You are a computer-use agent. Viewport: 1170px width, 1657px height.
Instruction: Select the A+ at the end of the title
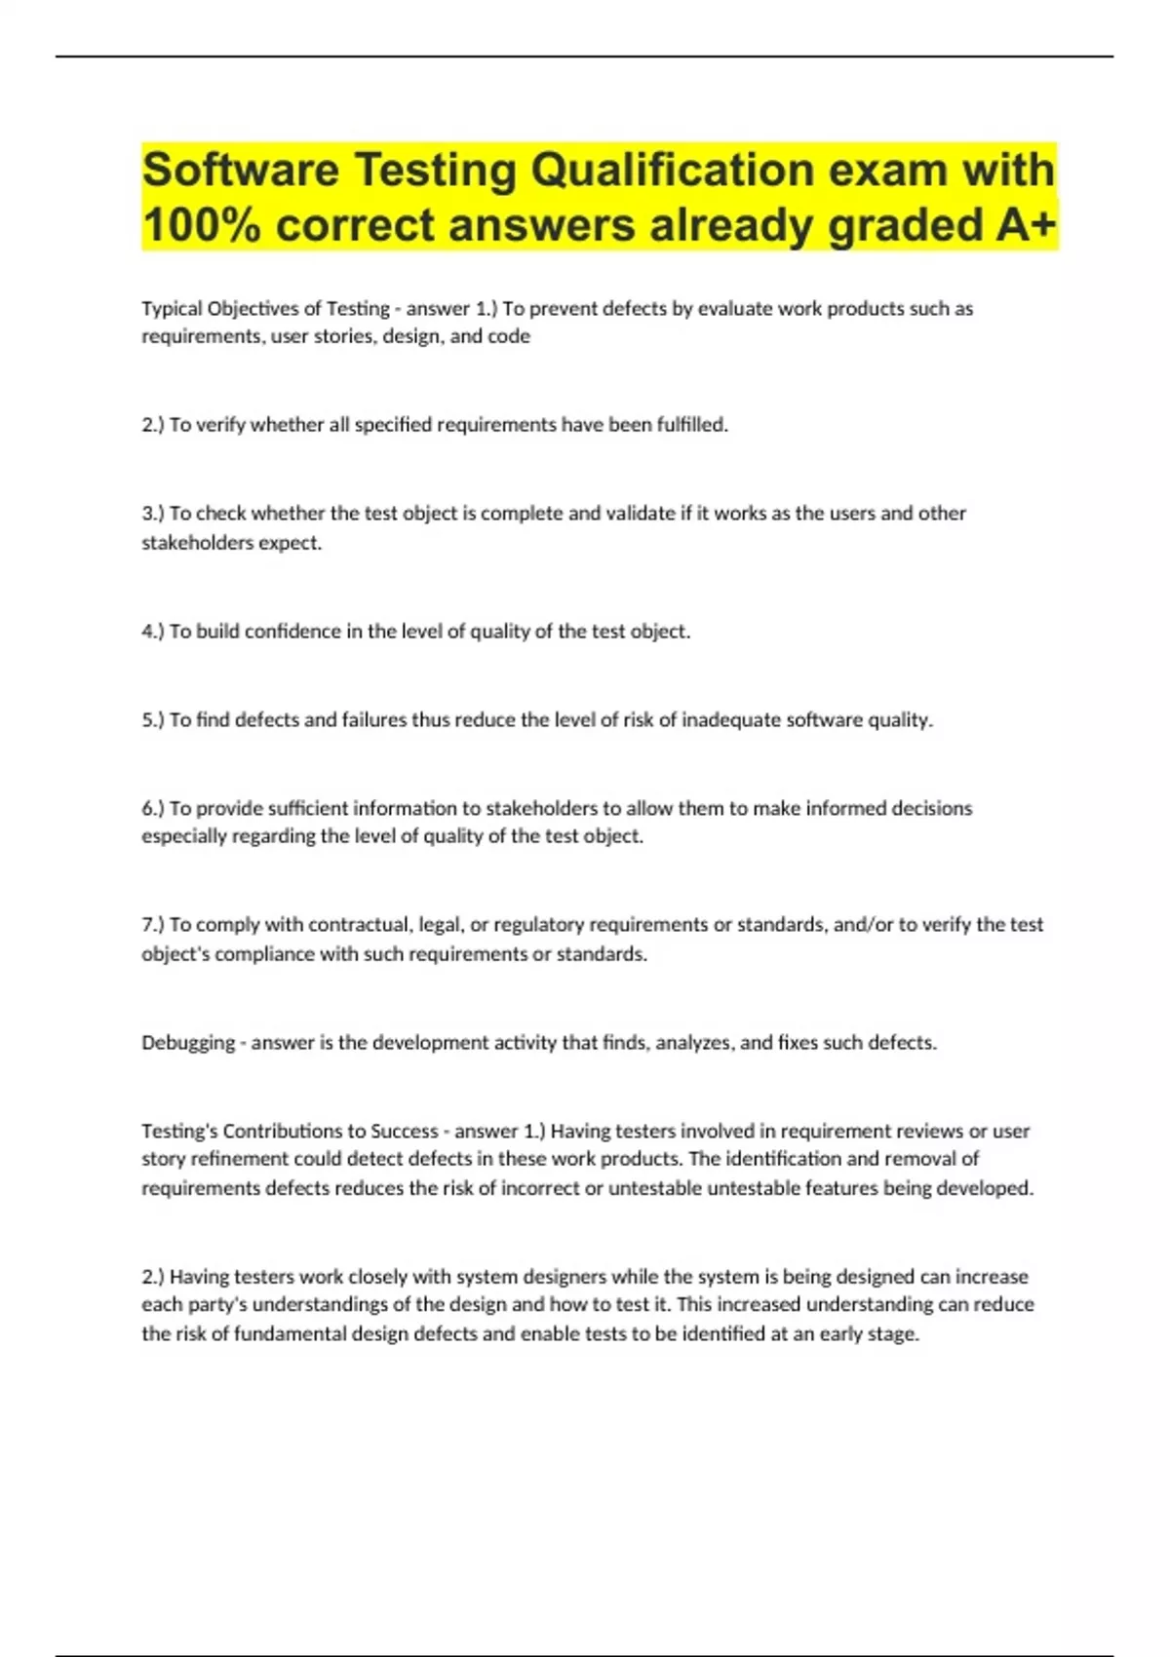1027,225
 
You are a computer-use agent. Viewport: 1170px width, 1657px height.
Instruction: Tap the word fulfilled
691,425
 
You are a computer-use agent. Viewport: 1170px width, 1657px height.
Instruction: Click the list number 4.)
153,632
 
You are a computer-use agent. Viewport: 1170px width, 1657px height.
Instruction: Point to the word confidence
292,632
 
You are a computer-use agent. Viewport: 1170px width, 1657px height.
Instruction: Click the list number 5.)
153,720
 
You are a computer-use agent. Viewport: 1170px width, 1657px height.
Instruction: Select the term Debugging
188,1043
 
